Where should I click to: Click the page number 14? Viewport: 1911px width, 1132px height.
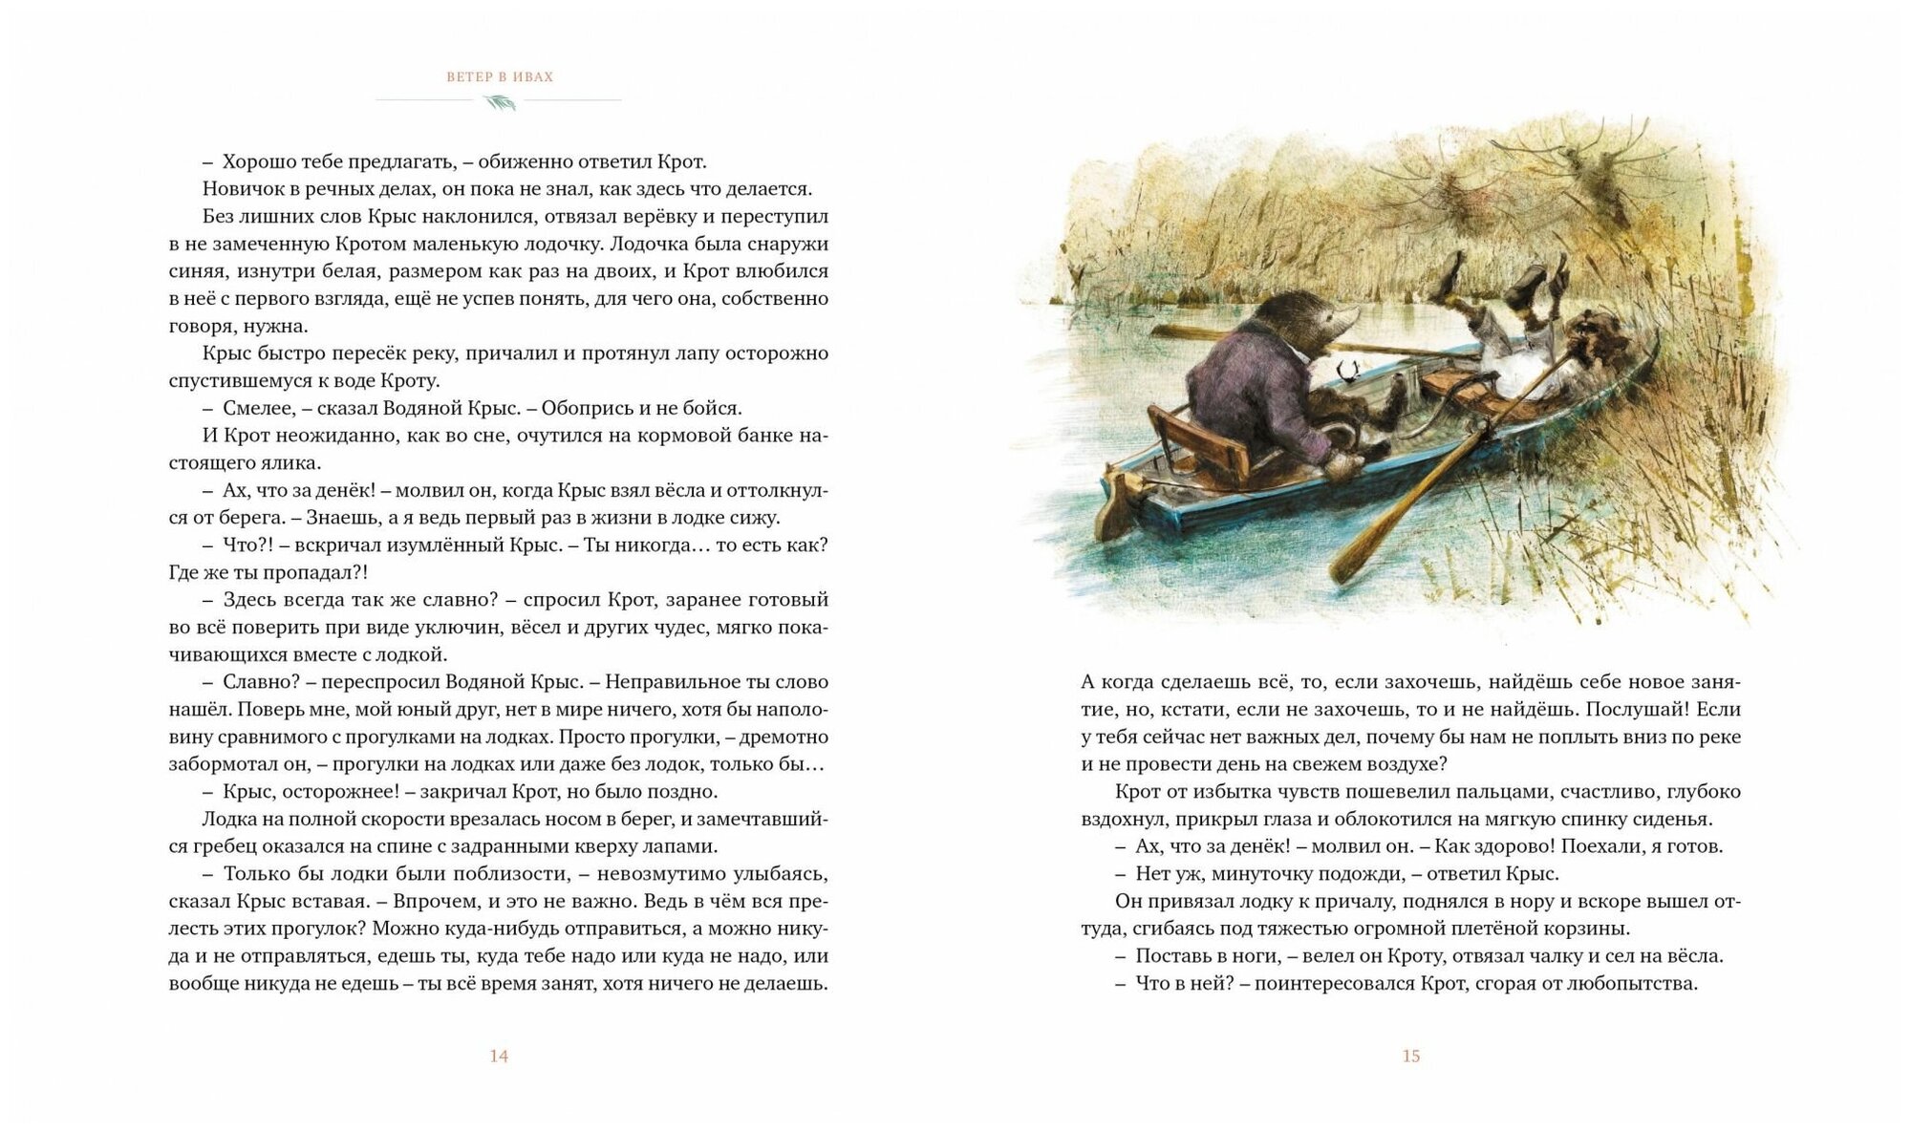499,1056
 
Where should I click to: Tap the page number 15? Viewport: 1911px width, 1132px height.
1411,1056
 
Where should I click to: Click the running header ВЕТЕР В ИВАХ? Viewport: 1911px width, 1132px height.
500,76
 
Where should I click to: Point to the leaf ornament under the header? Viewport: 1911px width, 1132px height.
500,101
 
